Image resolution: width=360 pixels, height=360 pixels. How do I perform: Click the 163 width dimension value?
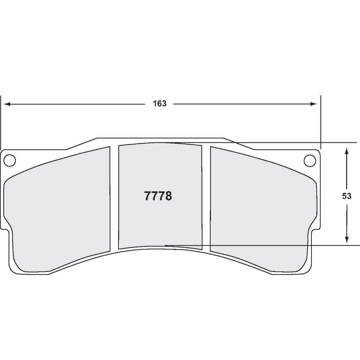click(159, 104)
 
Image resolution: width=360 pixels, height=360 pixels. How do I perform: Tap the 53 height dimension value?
click(347, 196)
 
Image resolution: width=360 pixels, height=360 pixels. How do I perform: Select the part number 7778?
click(158, 196)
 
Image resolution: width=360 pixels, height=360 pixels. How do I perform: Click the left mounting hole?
click(10, 160)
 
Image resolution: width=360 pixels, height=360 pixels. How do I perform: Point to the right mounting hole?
click(310, 160)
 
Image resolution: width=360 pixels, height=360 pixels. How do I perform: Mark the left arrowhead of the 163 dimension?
click(6, 104)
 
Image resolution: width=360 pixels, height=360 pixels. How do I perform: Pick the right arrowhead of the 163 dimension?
click(314, 104)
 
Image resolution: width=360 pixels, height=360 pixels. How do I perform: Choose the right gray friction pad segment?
click(260, 211)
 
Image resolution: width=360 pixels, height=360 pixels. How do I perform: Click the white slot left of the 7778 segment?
click(114, 197)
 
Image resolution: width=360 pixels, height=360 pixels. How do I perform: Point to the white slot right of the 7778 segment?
click(206, 197)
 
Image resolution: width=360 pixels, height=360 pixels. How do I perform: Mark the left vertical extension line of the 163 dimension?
click(1, 123)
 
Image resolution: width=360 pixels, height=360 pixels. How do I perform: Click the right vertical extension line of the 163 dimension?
click(321, 123)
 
